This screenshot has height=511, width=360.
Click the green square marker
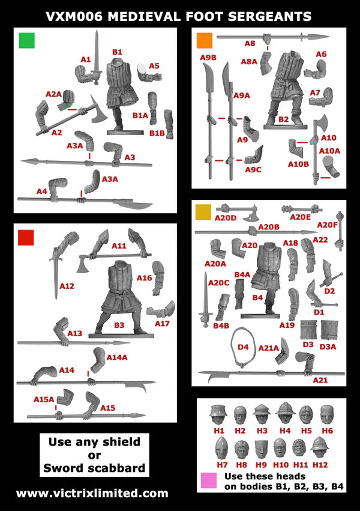tap(27, 40)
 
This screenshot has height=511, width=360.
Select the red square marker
tap(26, 237)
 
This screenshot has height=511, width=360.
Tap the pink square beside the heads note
tap(209, 480)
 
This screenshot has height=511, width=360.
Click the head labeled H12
tap(319, 447)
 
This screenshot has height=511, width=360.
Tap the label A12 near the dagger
tap(67, 286)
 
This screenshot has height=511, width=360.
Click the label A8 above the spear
tap(250, 43)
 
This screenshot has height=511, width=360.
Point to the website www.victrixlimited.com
tap(92, 493)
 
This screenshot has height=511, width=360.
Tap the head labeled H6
tap(327, 414)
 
